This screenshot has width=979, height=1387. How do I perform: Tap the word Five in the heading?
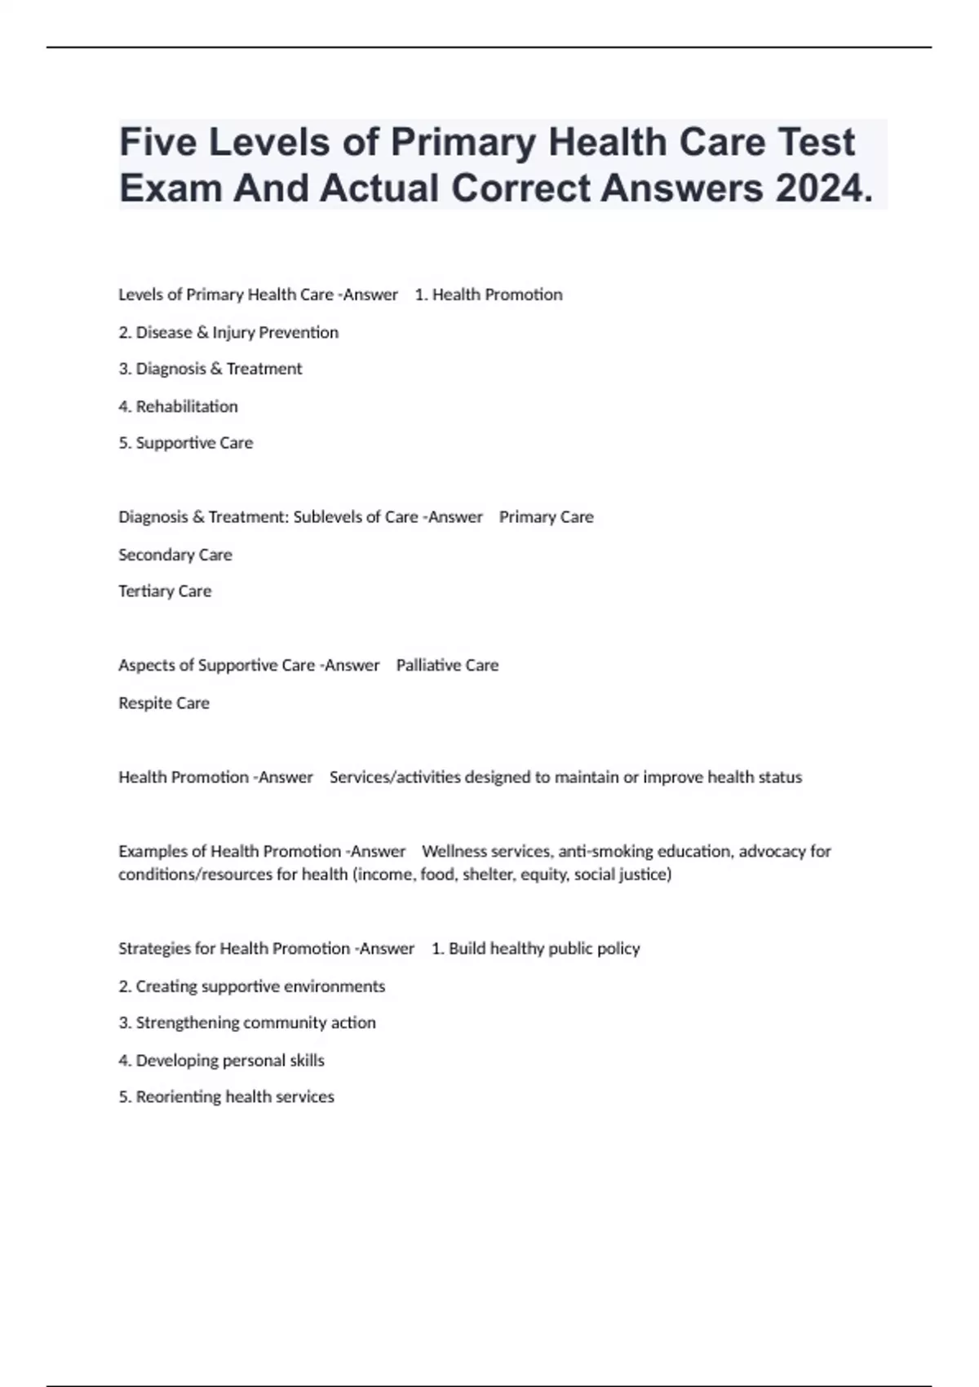click(157, 143)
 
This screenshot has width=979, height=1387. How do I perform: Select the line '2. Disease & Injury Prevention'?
click(228, 332)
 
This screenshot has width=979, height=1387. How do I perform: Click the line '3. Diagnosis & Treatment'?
click(210, 369)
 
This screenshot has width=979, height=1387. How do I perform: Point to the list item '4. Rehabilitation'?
click(178, 406)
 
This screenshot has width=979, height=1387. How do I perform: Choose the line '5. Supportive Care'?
click(186, 443)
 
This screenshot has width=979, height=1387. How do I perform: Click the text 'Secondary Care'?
click(175, 555)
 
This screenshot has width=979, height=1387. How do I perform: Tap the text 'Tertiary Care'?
click(165, 592)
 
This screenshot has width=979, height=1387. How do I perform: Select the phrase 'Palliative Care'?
click(447, 666)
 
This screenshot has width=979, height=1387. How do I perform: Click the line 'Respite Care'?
click(164, 703)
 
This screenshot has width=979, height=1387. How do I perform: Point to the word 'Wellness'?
click(453, 852)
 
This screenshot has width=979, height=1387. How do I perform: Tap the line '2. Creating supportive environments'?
click(251, 986)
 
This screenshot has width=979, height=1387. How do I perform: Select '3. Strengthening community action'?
click(247, 1023)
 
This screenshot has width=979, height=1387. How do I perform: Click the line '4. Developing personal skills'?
click(221, 1061)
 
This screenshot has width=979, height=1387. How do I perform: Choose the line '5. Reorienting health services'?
click(226, 1097)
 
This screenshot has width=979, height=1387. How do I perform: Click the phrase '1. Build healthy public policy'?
click(535, 949)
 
